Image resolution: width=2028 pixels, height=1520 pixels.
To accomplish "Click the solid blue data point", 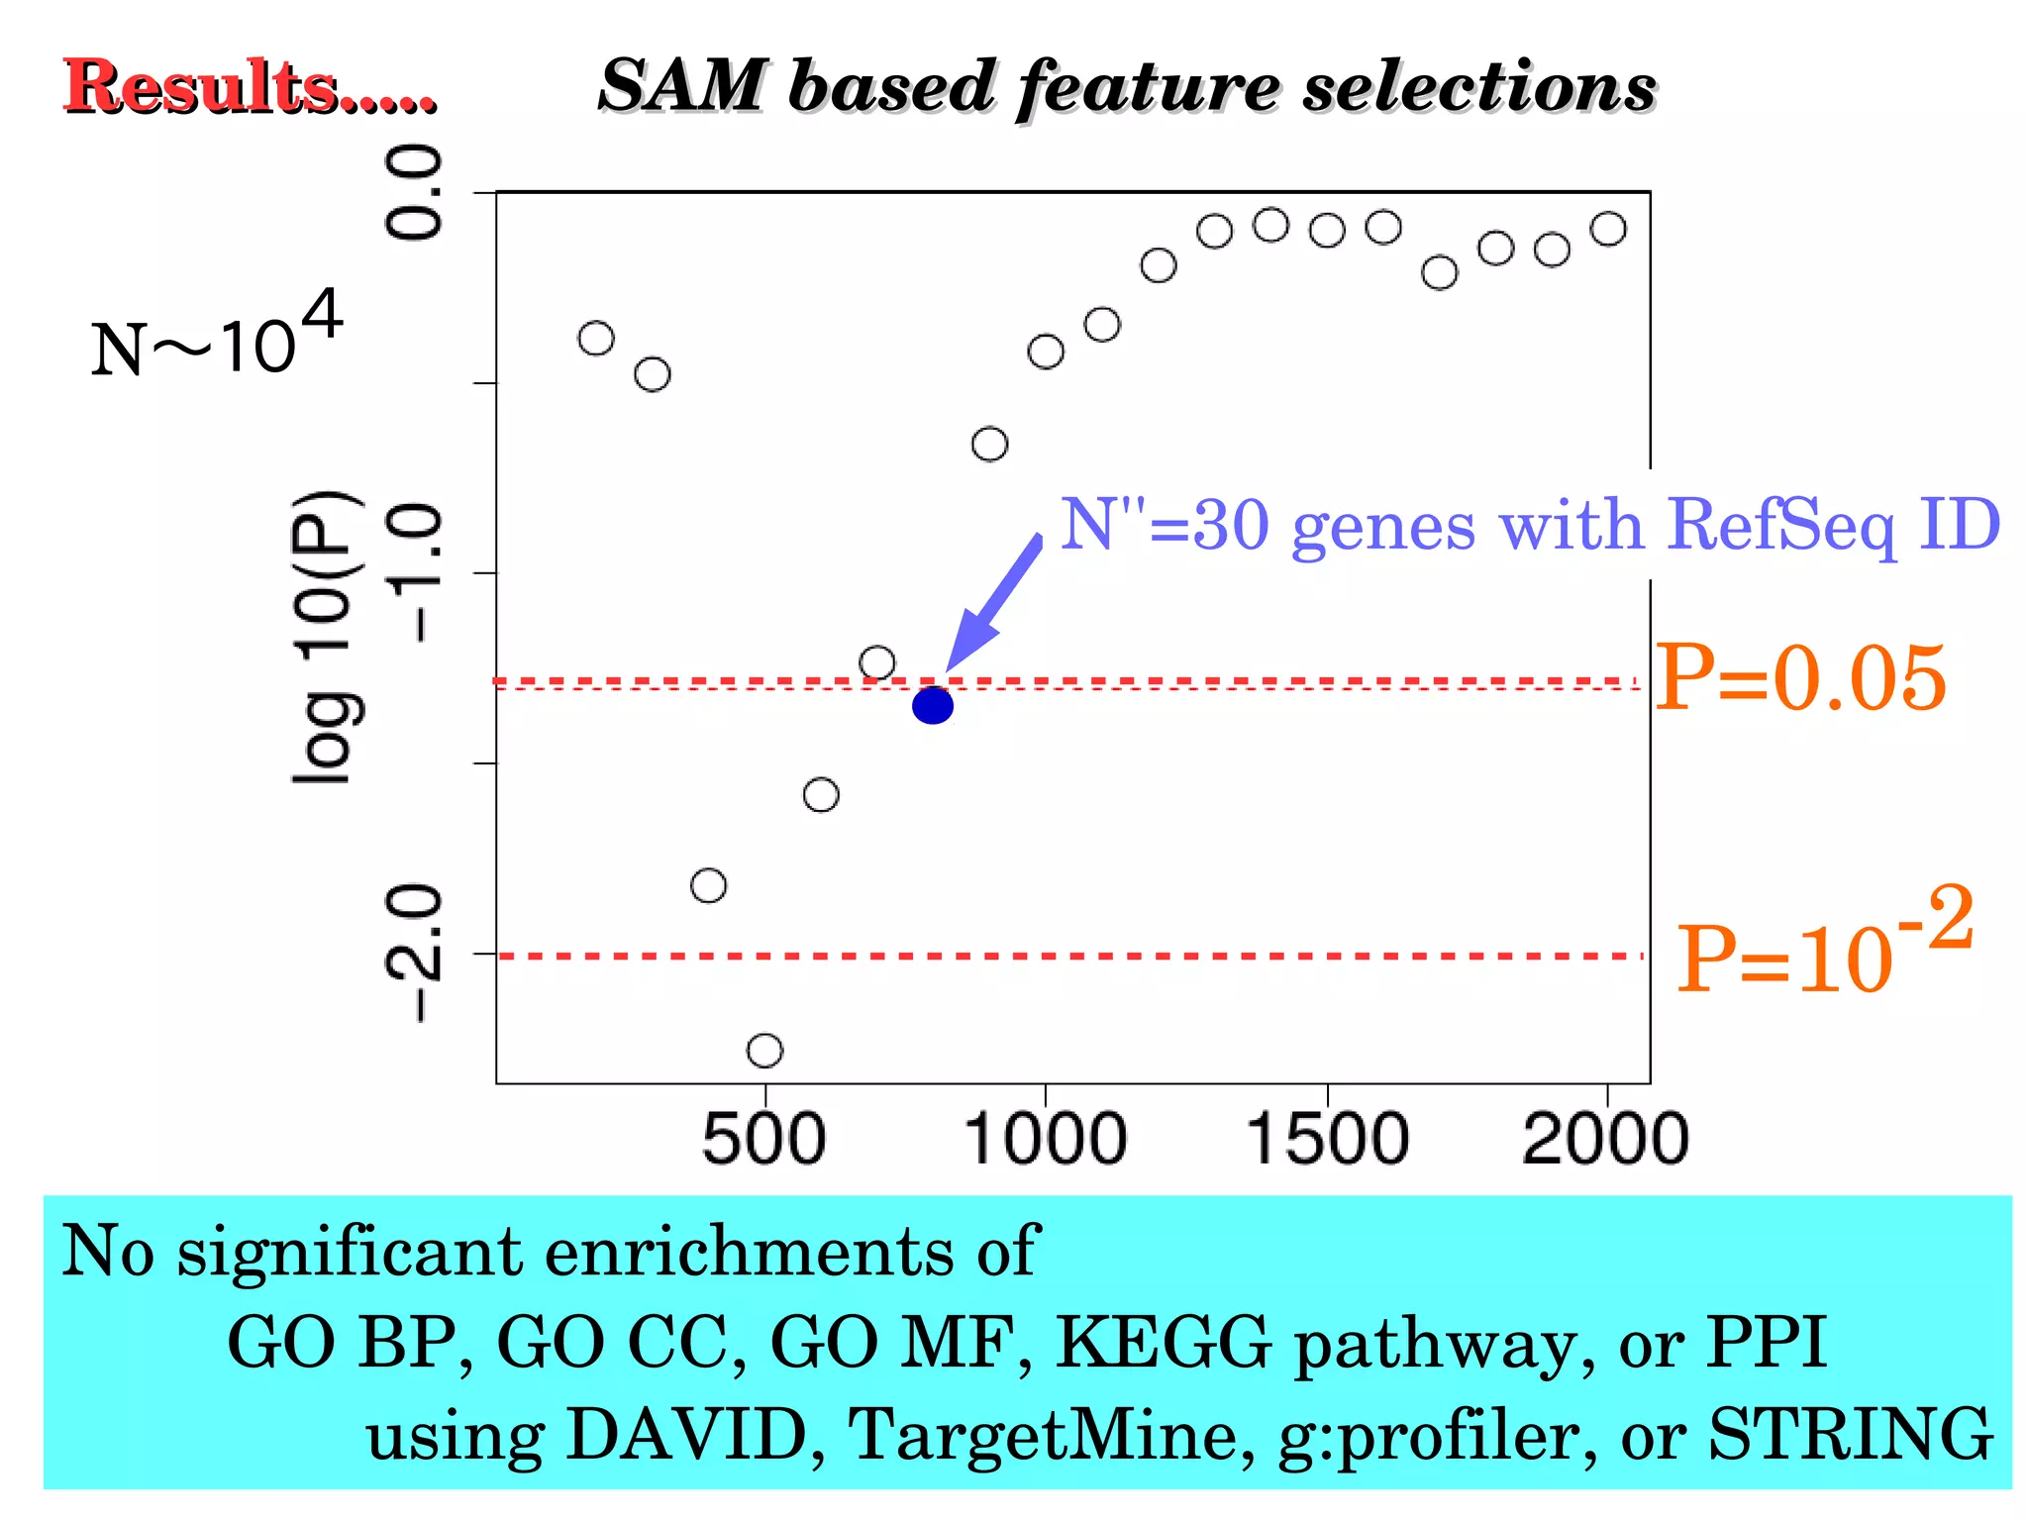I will pyautogui.click(x=933, y=706).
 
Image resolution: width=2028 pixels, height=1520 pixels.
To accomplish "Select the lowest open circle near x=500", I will pyautogui.click(x=764, y=1050).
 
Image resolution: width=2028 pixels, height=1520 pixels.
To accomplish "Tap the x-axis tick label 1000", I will pyautogui.click(x=1046, y=1139).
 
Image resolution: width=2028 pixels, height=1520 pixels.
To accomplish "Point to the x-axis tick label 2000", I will pyautogui.click(x=1605, y=1139).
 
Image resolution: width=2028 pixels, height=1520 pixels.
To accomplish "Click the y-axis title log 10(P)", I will pyautogui.click(x=323, y=639).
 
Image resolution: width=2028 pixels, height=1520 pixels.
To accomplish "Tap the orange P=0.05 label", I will pyautogui.click(x=1800, y=678).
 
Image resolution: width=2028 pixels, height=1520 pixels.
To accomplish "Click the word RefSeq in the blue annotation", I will pyautogui.click(x=1779, y=525).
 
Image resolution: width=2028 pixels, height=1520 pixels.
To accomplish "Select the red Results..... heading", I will pyautogui.click(x=249, y=86).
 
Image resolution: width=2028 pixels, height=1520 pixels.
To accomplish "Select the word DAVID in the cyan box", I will pyautogui.click(x=687, y=1435).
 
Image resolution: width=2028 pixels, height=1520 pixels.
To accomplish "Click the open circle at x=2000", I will pyautogui.click(x=1607, y=229).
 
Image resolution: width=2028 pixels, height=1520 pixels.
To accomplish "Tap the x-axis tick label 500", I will pyautogui.click(x=763, y=1139).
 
